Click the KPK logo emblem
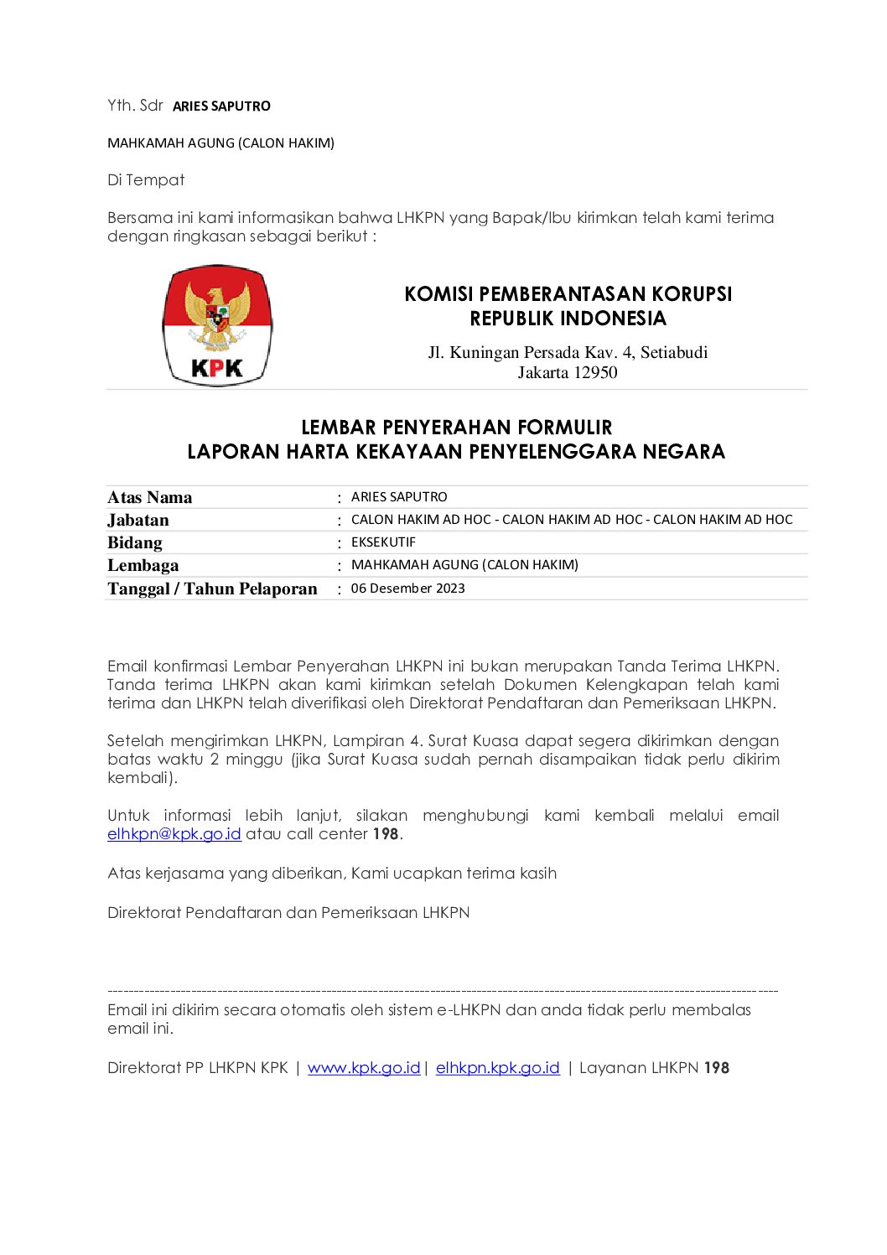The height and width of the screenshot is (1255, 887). tap(217, 325)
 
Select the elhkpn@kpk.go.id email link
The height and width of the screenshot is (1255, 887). tap(174, 834)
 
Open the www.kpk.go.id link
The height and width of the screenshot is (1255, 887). tap(364, 1068)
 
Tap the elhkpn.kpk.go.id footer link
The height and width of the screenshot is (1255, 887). tap(497, 1068)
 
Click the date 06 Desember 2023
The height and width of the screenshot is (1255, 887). tap(407, 589)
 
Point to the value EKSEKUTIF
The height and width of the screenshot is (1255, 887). tap(383, 542)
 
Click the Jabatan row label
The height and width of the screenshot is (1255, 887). tap(138, 521)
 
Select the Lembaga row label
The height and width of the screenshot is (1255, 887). tap(143, 566)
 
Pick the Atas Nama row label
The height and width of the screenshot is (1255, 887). tap(149, 498)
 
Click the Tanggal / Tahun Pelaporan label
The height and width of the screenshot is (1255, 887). tap(212, 589)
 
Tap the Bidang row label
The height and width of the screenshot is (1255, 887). tap(135, 543)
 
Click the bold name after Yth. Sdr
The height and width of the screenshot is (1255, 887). tap(221, 106)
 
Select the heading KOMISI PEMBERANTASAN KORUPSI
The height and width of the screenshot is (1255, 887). tap(568, 294)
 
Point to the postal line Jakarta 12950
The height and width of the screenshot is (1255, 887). tap(568, 373)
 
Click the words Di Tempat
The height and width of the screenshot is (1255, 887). tap(146, 180)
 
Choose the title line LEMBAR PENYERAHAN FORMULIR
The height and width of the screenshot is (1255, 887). tap(456, 428)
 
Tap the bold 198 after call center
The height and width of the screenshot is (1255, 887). tap(386, 834)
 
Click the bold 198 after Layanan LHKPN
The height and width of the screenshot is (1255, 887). tap(717, 1068)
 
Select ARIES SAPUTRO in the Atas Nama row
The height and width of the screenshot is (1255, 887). tap(399, 497)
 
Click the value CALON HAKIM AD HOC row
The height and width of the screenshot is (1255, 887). tap(572, 520)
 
